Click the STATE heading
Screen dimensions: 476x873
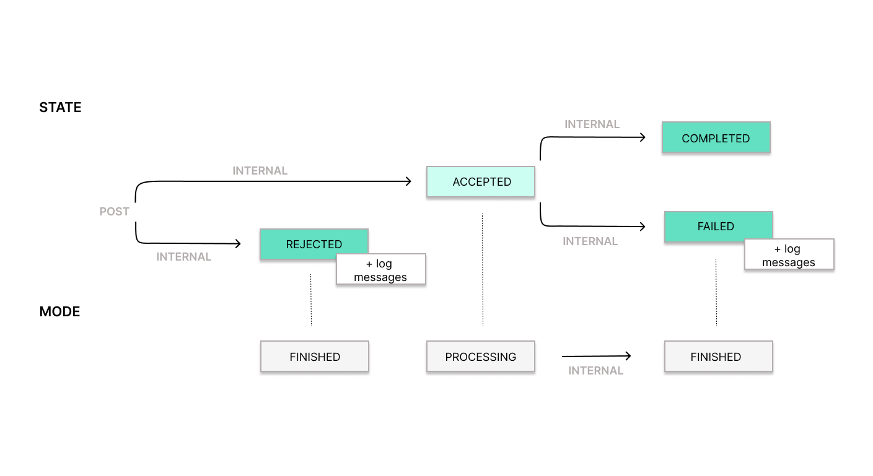pos(60,108)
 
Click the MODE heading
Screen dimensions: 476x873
pos(59,312)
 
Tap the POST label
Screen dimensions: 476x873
pos(114,212)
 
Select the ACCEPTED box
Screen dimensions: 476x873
pos(480,182)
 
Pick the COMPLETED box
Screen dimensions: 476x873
pos(716,138)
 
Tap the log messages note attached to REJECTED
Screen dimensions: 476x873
pos(380,270)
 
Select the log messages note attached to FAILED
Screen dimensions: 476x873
pos(789,256)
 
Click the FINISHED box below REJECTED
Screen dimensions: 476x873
pos(315,357)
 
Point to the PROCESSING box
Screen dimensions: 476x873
pos(480,357)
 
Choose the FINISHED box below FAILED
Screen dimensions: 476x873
pos(718,357)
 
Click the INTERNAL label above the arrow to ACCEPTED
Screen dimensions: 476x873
pos(260,171)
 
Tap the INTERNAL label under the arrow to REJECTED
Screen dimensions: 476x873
pos(183,257)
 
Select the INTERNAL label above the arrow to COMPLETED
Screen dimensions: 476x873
pos(592,124)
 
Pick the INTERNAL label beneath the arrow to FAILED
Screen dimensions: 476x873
pos(590,241)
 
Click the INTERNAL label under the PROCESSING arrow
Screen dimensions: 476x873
pos(595,371)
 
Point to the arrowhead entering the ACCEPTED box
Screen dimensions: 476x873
pos(408,181)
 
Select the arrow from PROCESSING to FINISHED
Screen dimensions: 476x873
pos(595,356)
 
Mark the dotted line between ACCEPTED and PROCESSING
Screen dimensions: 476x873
pos(483,269)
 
